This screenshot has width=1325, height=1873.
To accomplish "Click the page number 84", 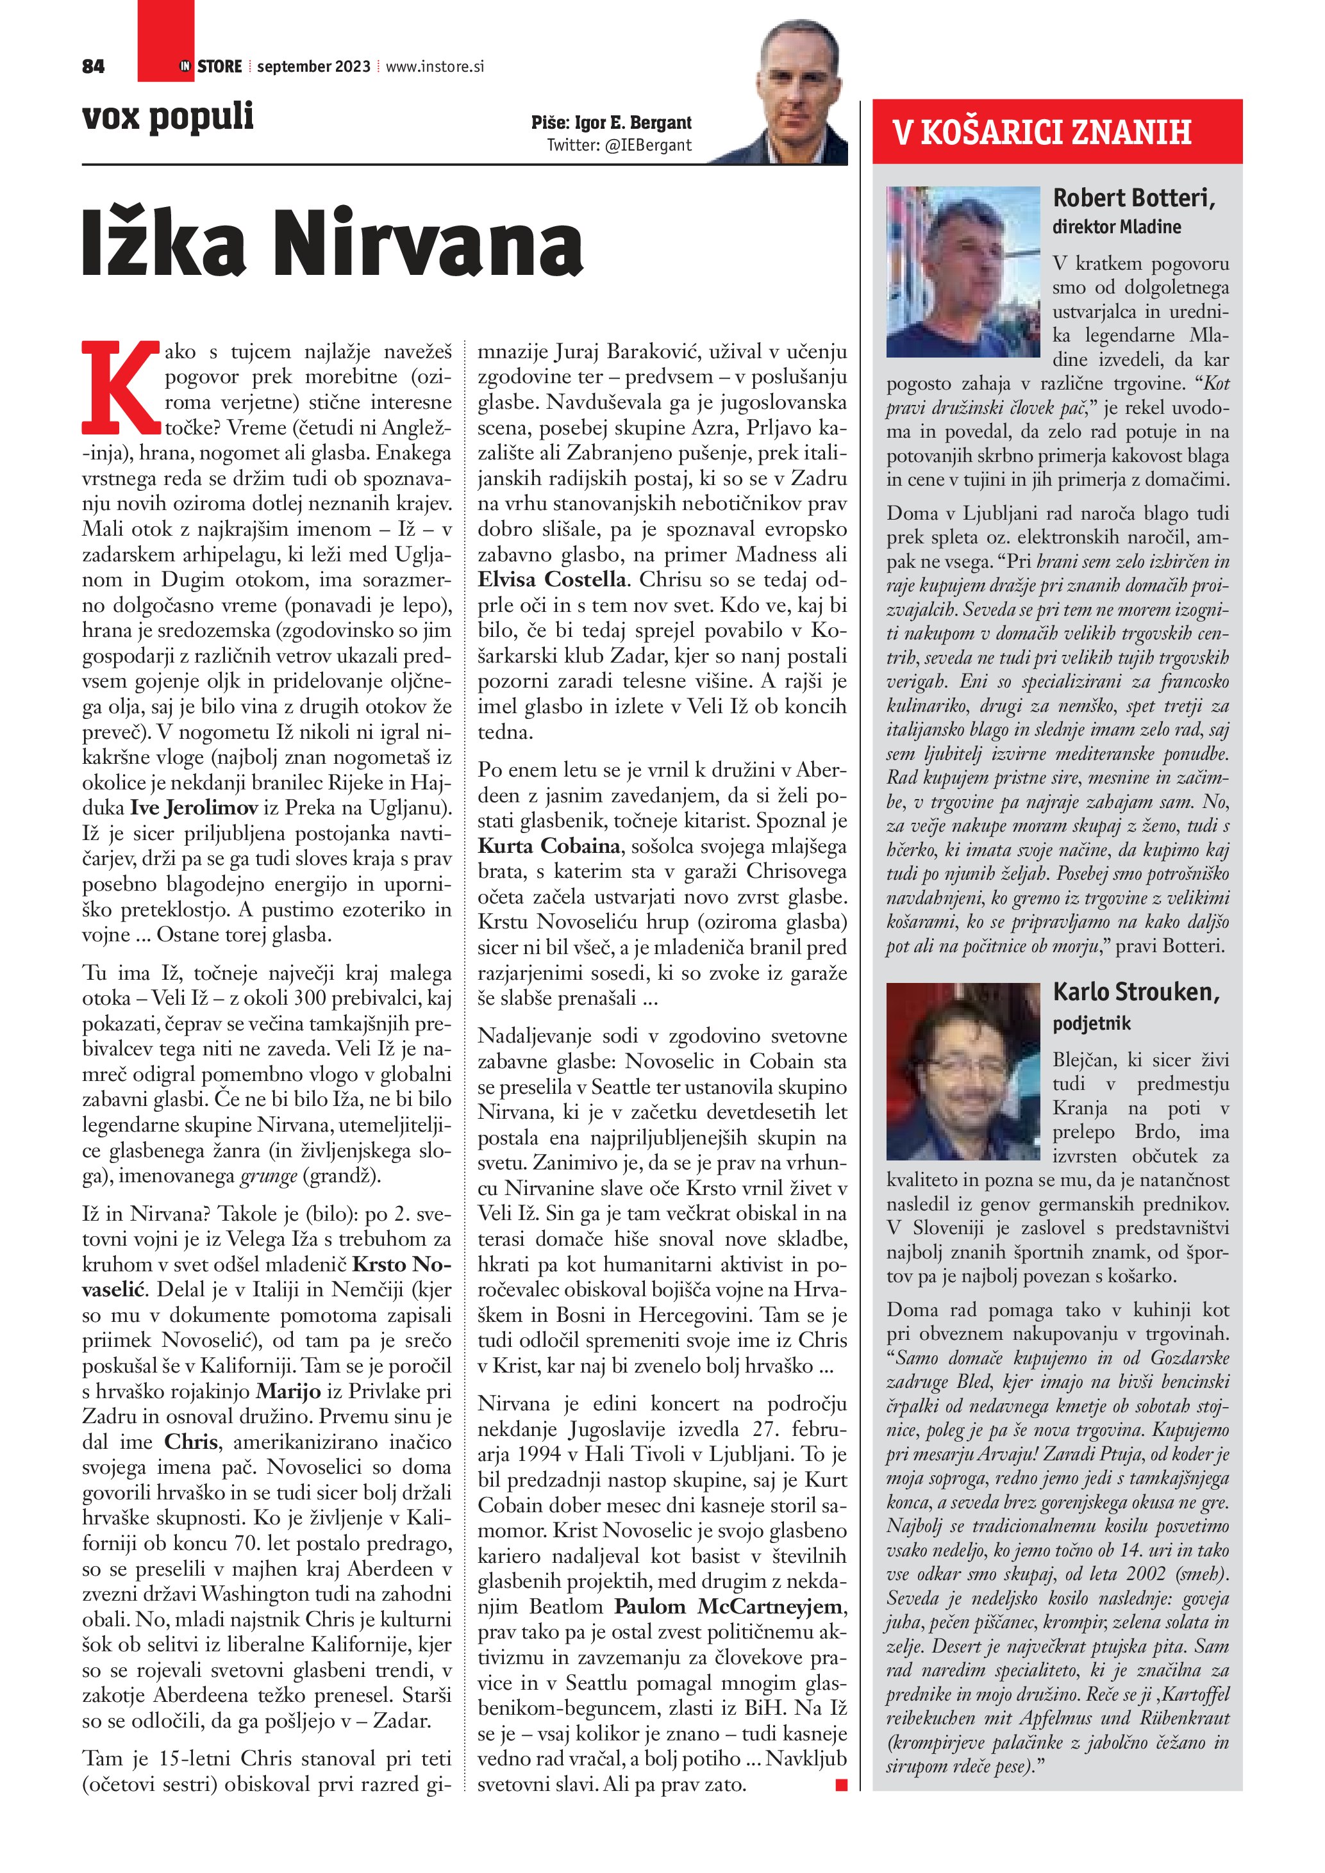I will pos(93,67).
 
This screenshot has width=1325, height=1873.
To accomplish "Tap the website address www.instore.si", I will pos(435,67).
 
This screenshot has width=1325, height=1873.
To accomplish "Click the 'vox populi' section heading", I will pos(168,117).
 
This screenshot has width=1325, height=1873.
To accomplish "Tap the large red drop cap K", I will pos(121,388).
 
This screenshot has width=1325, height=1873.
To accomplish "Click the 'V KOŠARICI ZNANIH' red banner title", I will pos(1041,132).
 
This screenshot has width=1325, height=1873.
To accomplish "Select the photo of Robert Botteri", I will pos(963,272).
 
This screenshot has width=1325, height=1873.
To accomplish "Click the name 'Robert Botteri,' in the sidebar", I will pos(1133,198).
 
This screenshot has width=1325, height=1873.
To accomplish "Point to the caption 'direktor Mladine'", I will pos(1116,227).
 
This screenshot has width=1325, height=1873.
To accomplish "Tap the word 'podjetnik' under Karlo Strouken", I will pos(1092,1023).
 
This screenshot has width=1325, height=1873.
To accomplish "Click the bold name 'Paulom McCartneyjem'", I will pos(730,1606).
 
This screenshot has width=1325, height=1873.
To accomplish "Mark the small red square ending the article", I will pos(841,1786).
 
